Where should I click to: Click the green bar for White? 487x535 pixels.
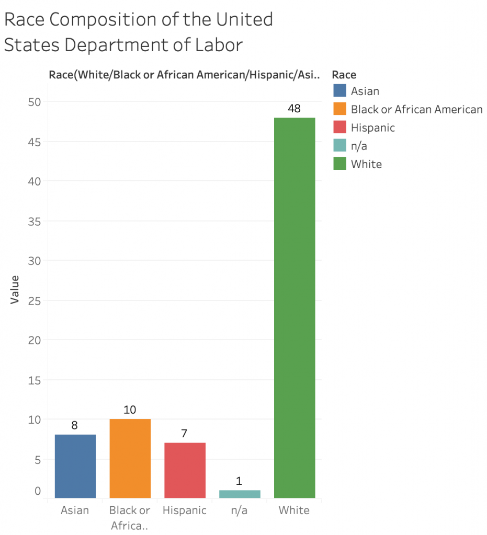pyautogui.click(x=295, y=308)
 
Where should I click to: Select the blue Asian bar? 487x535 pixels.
pyautogui.click(x=75, y=466)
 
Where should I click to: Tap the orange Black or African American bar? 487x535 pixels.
pyautogui.click(x=130, y=458)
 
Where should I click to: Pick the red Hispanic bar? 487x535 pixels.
pyautogui.click(x=185, y=470)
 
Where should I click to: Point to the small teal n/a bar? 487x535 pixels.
pyautogui.click(x=240, y=494)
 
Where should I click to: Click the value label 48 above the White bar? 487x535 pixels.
pyautogui.click(x=295, y=109)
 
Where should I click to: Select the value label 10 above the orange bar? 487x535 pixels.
pyautogui.click(x=130, y=410)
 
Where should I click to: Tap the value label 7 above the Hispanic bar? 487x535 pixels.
pyautogui.click(x=185, y=434)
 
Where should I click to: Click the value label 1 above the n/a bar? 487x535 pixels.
pyautogui.click(x=240, y=481)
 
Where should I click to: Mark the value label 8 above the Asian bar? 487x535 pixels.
pyautogui.click(x=75, y=426)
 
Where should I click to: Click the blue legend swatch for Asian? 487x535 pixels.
pyautogui.click(x=340, y=91)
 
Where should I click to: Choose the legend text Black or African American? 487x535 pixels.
pyautogui.click(x=416, y=109)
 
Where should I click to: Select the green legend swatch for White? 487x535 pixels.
pyautogui.click(x=340, y=164)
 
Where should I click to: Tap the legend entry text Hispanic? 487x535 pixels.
pyautogui.click(x=373, y=127)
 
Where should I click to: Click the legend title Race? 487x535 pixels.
pyautogui.click(x=344, y=75)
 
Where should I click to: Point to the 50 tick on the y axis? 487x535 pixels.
pyautogui.click(x=35, y=101)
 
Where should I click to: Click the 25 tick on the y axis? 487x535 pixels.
pyautogui.click(x=35, y=300)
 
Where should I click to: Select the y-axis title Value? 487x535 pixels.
pyautogui.click(x=15, y=289)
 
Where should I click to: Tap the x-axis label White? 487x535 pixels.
pyautogui.click(x=295, y=510)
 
